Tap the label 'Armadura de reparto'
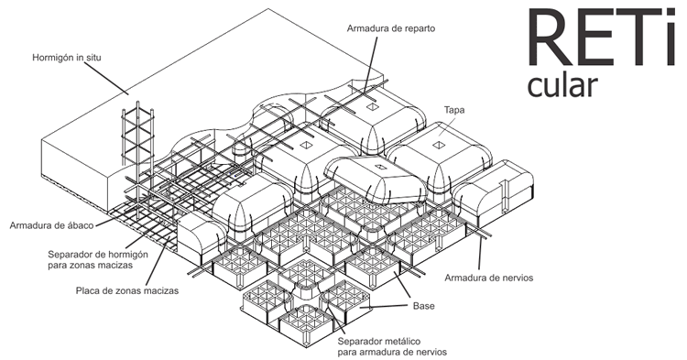point(390,28)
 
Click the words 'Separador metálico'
point(377,340)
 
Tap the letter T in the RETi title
point(631,41)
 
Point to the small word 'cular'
point(562,85)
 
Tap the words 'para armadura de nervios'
point(391,352)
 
